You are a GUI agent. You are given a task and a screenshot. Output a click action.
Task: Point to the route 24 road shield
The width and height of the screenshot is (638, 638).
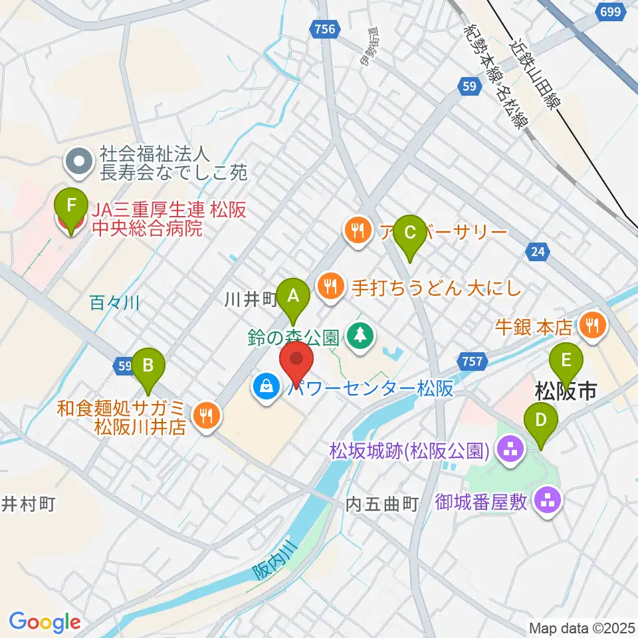pos(538,251)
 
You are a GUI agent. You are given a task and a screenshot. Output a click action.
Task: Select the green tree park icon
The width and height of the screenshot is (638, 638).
pos(360,334)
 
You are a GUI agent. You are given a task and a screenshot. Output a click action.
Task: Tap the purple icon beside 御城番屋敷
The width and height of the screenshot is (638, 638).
pos(548,500)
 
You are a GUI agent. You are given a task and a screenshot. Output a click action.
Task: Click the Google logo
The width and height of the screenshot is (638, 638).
pos(45,622)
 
